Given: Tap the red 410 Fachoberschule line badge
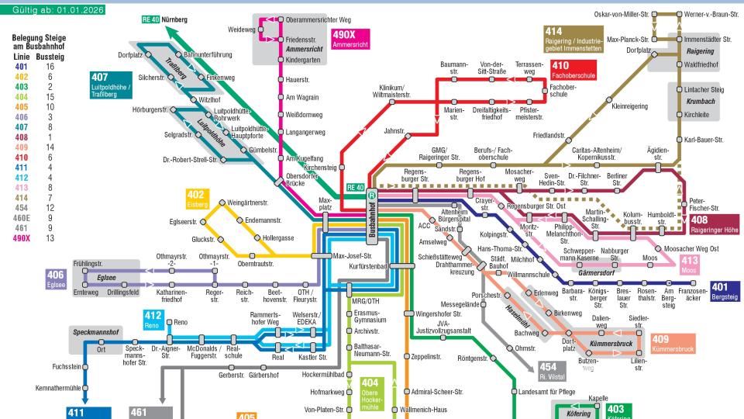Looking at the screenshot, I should [x=573, y=70].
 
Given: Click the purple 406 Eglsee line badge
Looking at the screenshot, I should [x=56, y=279].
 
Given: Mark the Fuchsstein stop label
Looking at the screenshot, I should [x=66, y=366].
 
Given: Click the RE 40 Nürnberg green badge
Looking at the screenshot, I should [x=167, y=18].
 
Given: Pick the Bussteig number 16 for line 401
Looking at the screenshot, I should [x=50, y=68].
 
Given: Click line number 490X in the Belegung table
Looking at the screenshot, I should [x=22, y=238].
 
